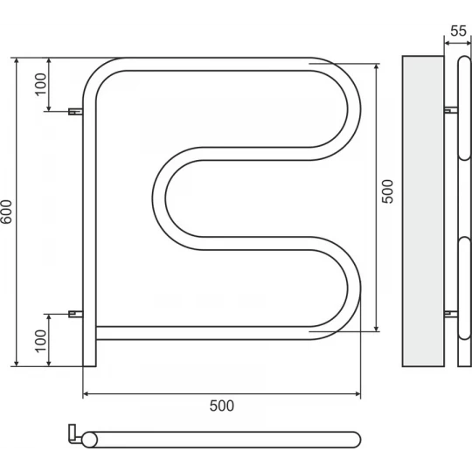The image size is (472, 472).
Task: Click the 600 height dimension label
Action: (x=7, y=212)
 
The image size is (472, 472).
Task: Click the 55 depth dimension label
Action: (x=459, y=31)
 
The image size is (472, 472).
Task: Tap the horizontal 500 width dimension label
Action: (x=221, y=406)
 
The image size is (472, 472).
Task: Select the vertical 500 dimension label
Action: (x=387, y=191)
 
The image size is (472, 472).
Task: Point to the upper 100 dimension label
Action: (x=41, y=85)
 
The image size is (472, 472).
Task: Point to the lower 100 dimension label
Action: (x=41, y=341)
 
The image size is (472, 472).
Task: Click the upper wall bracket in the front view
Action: (x=75, y=111)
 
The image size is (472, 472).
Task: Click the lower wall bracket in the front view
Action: (x=75, y=314)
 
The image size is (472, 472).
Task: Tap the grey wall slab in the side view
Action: (x=423, y=211)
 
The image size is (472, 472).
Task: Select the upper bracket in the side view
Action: (x=451, y=110)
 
